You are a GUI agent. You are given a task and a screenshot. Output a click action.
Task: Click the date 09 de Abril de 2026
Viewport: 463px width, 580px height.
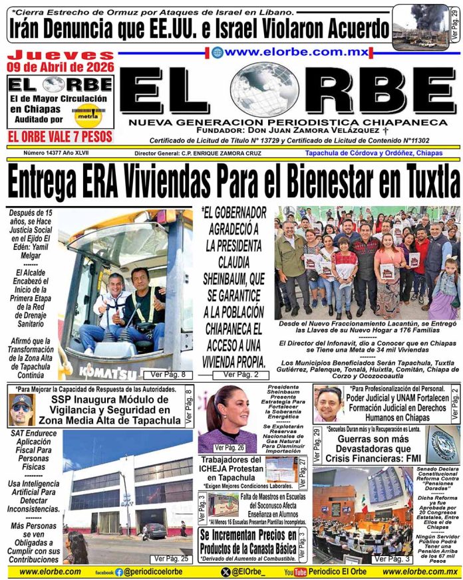coord(61,66)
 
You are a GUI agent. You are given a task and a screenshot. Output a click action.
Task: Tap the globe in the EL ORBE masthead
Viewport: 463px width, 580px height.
coord(265,89)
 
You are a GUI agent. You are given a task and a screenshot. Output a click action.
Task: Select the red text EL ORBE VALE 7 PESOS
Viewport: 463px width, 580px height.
coord(60,137)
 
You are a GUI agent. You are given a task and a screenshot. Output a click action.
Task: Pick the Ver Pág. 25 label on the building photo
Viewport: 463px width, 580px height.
coord(170,559)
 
